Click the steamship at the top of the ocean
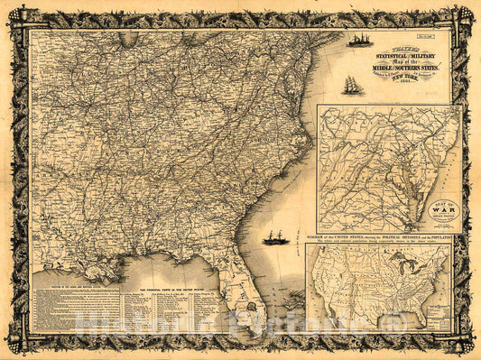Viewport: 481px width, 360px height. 359,41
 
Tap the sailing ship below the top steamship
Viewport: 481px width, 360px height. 350,84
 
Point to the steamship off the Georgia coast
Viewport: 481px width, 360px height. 275,237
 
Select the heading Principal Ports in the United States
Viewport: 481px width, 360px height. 171,287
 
